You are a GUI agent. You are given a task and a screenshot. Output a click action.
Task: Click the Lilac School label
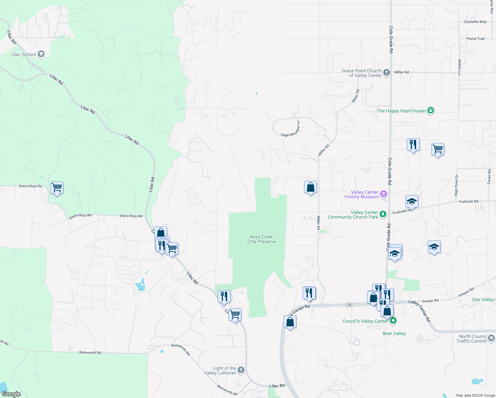tap(23, 54)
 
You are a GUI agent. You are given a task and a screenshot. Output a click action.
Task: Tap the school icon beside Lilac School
tap(41, 54)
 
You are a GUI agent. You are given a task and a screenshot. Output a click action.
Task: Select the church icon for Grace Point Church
tap(386, 72)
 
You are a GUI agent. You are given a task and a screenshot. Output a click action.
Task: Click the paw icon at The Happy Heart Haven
tap(430, 110)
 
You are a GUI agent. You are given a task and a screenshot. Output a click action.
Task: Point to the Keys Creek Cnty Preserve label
tap(262, 239)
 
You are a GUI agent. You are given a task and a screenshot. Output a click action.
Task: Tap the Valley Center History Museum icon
tap(383, 194)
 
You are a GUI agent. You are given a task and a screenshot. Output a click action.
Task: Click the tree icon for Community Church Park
tap(383, 214)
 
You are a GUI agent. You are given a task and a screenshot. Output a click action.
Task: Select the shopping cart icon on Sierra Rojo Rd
tap(57, 188)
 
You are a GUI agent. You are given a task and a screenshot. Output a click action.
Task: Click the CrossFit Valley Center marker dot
tap(393, 321)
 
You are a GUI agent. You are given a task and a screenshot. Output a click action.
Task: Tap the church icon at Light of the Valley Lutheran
tap(241, 370)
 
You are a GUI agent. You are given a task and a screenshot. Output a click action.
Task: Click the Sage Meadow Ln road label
tap(290, 129)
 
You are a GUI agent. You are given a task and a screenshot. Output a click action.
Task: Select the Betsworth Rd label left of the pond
tap(90, 353)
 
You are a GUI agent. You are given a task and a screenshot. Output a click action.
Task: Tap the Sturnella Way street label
tap(475, 22)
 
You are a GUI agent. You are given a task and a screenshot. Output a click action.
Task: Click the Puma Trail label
tap(475, 39)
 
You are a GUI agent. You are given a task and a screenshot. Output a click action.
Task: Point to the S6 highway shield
tap(349, 304)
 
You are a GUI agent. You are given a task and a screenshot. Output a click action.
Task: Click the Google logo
tap(11, 394)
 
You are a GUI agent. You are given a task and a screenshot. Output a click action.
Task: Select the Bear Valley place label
tap(394, 333)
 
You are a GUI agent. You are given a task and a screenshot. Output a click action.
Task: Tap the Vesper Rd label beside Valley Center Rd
tap(430, 301)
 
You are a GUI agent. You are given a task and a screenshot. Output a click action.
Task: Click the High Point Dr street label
tap(457, 185)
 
